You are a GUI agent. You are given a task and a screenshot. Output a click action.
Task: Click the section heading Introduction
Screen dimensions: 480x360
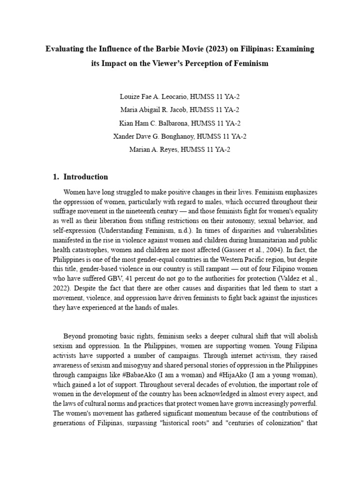click(x=85, y=177)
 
